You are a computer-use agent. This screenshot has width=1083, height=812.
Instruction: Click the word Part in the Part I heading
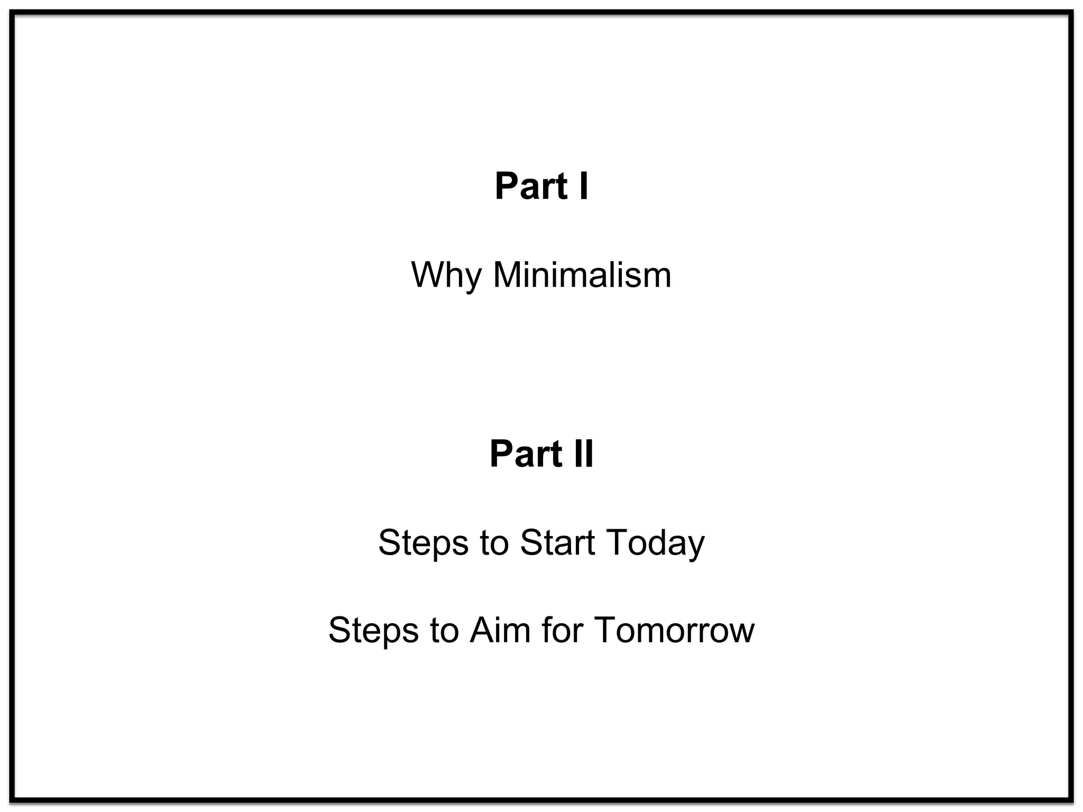click(x=530, y=187)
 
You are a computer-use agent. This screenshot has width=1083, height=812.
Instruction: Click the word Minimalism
click(x=582, y=275)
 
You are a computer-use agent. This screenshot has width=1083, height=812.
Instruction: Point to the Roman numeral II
click(x=583, y=454)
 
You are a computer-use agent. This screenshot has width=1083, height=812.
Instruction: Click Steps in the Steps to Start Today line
click(x=423, y=543)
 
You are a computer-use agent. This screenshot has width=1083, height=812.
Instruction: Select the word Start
click(x=557, y=543)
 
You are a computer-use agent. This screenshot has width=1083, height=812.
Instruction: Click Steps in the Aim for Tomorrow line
click(x=373, y=631)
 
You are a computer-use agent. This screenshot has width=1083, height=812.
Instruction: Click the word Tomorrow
click(x=674, y=631)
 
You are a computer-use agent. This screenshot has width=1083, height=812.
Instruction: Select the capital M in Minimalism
click(x=508, y=275)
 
